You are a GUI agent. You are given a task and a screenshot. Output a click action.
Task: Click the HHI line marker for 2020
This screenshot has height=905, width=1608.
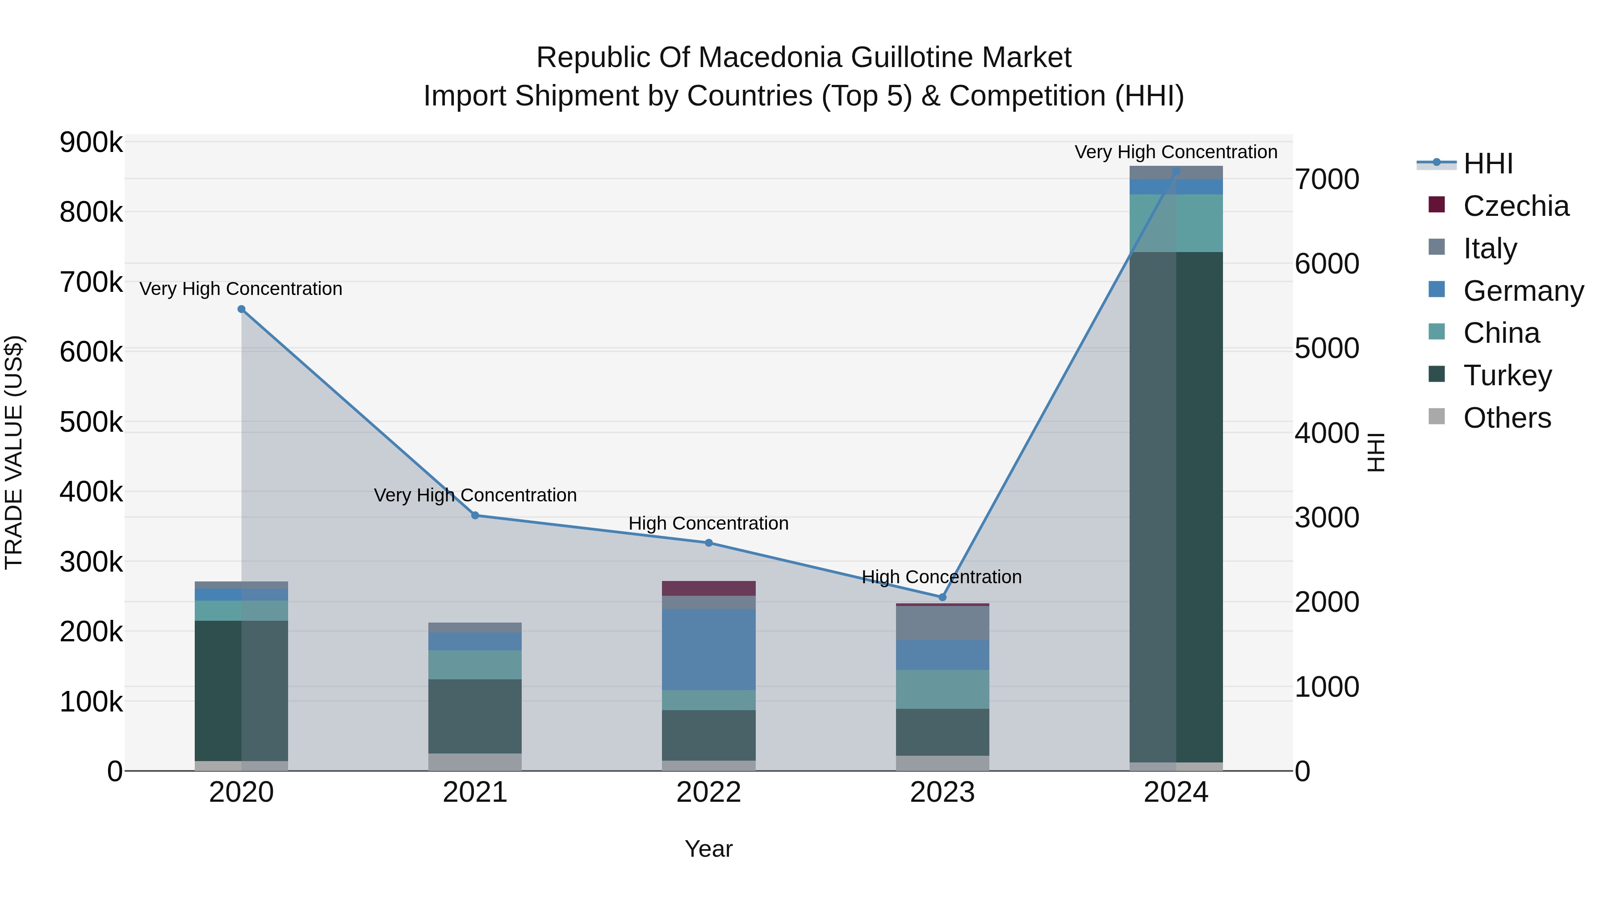[242, 309]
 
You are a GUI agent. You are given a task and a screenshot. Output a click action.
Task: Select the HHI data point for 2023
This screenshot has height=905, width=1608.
[942, 597]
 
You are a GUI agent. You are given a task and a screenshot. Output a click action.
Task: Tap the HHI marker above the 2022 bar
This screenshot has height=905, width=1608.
[708, 543]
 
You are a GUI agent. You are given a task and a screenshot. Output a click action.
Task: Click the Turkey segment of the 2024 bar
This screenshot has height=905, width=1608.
[1176, 506]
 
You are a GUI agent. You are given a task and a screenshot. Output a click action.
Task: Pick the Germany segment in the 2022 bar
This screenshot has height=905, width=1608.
[708, 649]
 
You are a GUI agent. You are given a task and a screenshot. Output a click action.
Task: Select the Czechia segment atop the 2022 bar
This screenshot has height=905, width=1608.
[708, 588]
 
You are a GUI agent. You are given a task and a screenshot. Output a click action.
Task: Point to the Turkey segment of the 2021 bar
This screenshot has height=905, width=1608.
[475, 716]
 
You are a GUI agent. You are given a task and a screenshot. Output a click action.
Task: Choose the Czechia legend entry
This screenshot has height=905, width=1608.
[1515, 206]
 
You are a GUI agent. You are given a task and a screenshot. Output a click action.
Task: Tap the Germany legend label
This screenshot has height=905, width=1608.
[1523, 291]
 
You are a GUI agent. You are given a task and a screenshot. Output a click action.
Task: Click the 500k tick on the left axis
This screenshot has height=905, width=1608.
[91, 422]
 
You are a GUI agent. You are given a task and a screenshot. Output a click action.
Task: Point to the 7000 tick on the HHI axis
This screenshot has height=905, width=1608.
[1327, 179]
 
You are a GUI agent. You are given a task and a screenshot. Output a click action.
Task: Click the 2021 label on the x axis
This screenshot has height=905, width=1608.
[475, 792]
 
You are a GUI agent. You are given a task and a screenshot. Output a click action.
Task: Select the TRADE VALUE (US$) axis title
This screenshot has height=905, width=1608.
[14, 452]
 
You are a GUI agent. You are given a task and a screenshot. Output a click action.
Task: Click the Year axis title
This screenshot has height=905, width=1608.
[708, 849]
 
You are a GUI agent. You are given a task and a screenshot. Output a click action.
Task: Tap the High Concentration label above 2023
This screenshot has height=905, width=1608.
[941, 577]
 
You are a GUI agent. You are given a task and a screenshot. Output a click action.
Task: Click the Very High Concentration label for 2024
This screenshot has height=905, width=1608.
[1176, 152]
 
